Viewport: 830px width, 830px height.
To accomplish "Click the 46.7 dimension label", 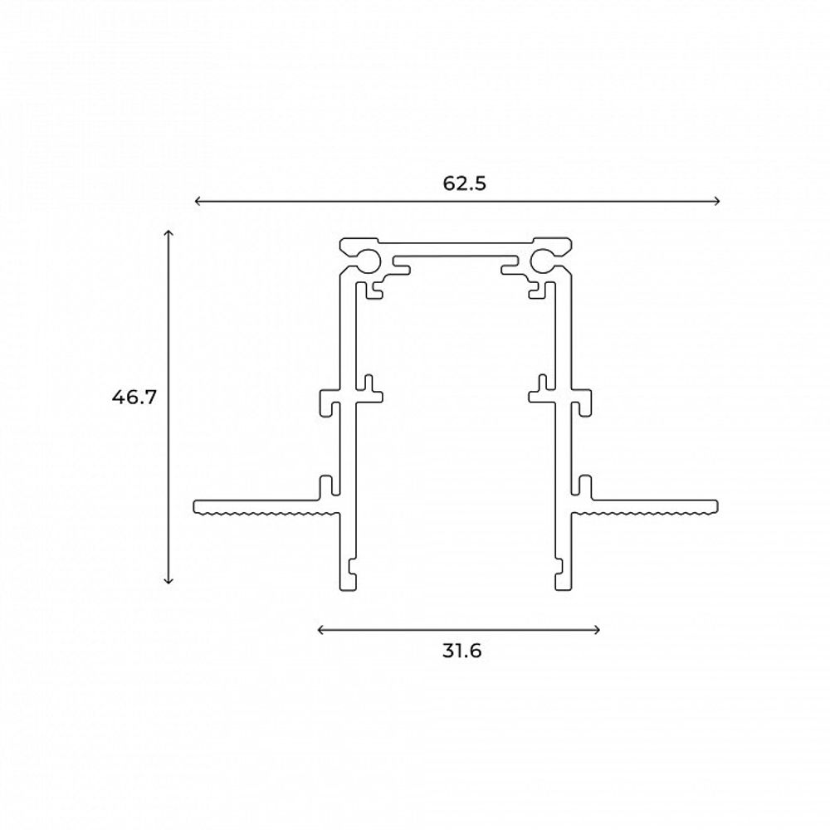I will pyautogui.click(x=134, y=397).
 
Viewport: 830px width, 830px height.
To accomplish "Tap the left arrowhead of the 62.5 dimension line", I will pyautogui.click(x=197, y=201).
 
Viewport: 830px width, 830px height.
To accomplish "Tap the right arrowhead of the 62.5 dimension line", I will pyautogui.click(x=718, y=201).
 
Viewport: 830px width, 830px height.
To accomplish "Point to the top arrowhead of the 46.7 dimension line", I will pyautogui.click(x=168, y=232).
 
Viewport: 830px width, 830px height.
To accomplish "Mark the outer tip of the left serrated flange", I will pyautogui.click(x=197, y=506).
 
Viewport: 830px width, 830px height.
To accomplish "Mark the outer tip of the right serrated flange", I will pyautogui.click(x=716, y=506).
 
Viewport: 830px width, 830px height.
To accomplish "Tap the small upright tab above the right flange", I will pyautogui.click(x=586, y=484).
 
